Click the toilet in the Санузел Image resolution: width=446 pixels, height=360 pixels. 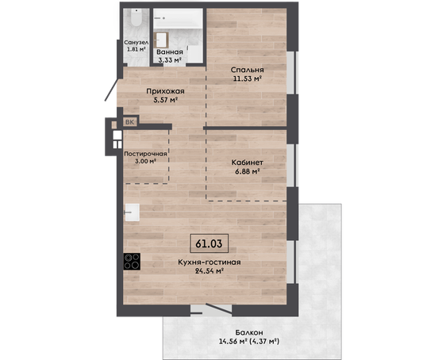[x=136, y=17]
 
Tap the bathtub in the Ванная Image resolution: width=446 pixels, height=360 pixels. [x=178, y=19]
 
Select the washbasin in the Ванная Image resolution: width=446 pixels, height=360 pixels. [x=161, y=40]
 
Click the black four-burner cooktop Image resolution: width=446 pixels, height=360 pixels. [x=132, y=262]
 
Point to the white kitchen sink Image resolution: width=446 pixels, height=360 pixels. [x=133, y=213]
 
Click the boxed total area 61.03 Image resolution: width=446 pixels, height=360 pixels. [x=209, y=243]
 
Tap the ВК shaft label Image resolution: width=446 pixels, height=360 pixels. [x=129, y=122]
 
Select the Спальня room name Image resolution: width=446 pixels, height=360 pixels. [x=247, y=70]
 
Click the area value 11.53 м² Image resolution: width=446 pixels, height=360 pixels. [x=247, y=79]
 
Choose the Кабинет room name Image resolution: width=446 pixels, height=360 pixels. [x=247, y=163]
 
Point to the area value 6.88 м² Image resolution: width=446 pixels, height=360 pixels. [x=246, y=171]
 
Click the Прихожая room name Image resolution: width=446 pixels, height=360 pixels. [x=165, y=91]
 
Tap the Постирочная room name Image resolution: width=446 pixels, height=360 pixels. [x=145, y=154]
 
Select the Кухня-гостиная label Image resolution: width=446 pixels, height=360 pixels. [x=210, y=262]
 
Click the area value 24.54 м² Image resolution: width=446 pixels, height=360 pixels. [x=209, y=270]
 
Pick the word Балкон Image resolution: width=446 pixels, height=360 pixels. [x=249, y=332]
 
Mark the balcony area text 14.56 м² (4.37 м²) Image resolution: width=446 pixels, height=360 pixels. [x=249, y=341]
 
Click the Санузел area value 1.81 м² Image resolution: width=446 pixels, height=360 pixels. [x=136, y=48]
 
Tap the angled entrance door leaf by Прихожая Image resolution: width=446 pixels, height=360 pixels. [x=111, y=90]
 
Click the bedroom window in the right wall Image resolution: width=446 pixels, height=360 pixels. [x=291, y=72]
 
